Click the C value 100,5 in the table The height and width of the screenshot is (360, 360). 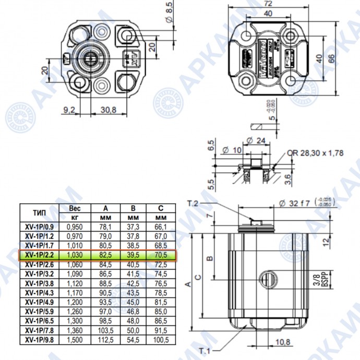(x=161, y=340)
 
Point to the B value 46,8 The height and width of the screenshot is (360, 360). (x=133, y=311)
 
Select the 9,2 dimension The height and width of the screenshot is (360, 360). (x=69, y=110)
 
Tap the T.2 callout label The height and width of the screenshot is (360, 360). (x=194, y=202)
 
